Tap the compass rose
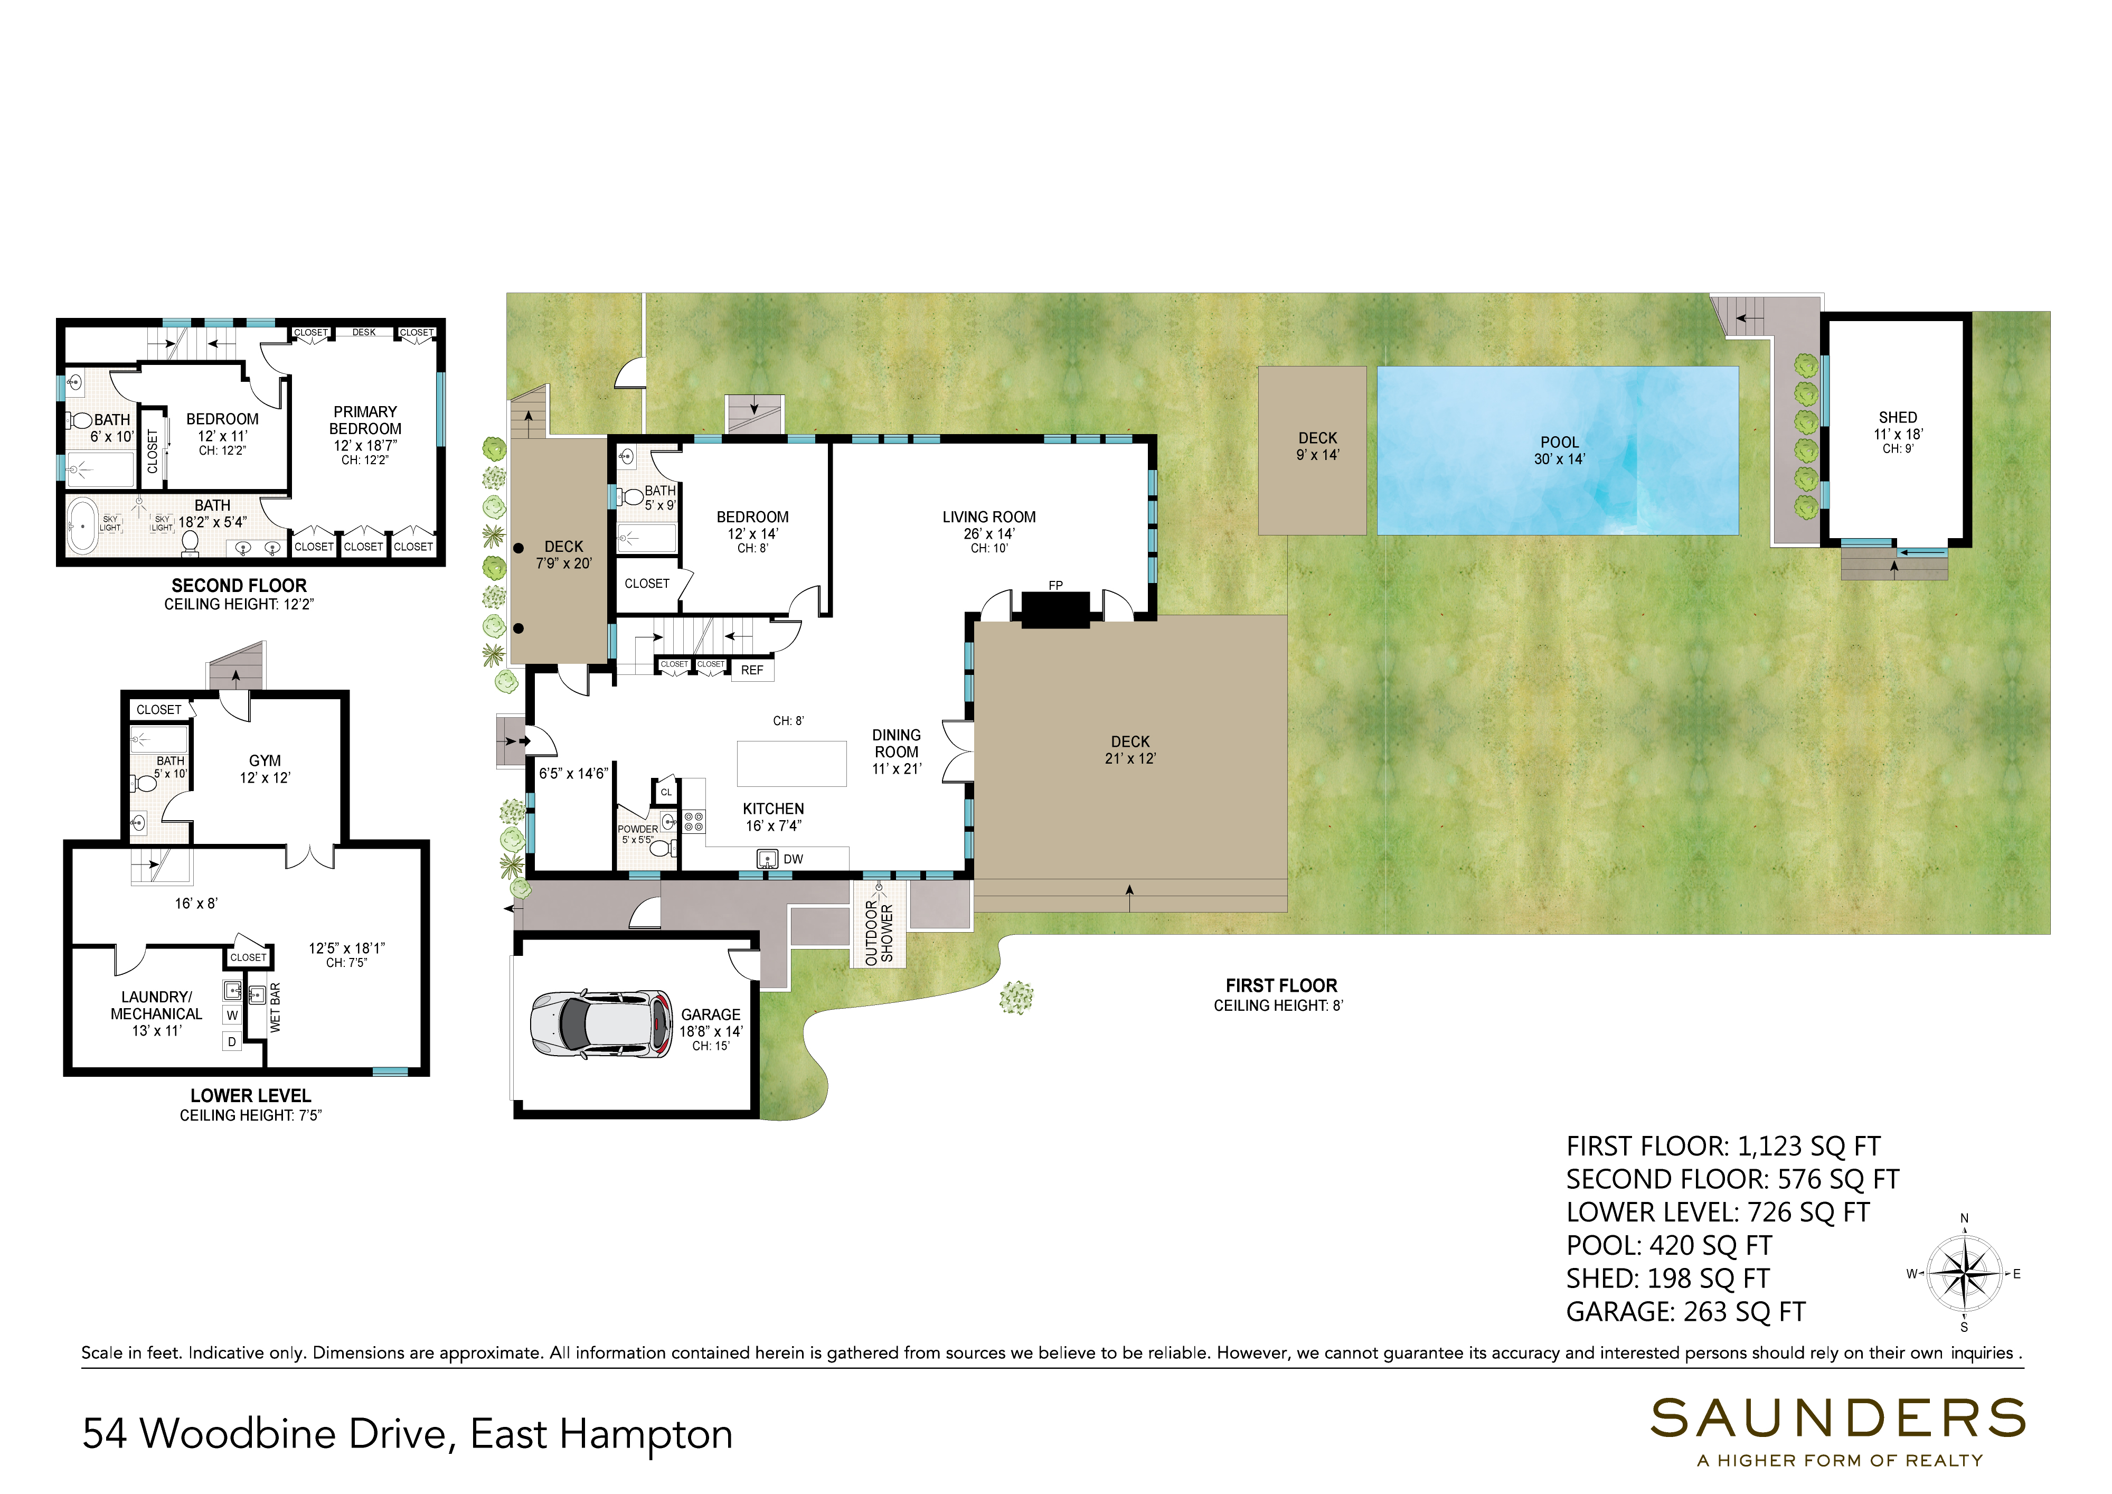(x=1964, y=1274)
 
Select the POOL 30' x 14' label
(x=1559, y=451)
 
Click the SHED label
(x=1898, y=418)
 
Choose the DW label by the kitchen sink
(x=793, y=859)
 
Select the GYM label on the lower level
(x=265, y=761)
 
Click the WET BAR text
(x=275, y=1007)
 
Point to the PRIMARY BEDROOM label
(x=365, y=420)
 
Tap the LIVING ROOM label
(x=989, y=517)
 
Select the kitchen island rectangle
(x=791, y=764)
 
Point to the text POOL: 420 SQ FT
(x=1668, y=1246)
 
